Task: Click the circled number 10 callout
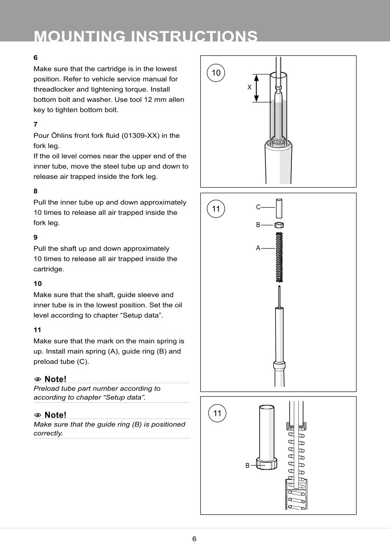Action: (x=216, y=73)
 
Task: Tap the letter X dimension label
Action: (x=249, y=87)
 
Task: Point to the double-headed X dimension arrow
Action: (x=257, y=88)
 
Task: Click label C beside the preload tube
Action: (x=258, y=207)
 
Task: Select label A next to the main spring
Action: (x=258, y=248)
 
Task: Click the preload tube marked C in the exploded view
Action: (x=279, y=209)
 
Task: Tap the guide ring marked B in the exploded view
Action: (x=279, y=225)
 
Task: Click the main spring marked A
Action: (x=279, y=257)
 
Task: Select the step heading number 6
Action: (x=35, y=58)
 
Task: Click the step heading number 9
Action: (x=35, y=237)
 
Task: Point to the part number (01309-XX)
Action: (x=140, y=135)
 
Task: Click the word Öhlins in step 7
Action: (x=62, y=135)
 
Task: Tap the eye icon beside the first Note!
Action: (x=37, y=379)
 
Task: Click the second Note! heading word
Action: (x=55, y=415)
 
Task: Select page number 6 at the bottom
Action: (x=194, y=539)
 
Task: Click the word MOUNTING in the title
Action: (x=79, y=36)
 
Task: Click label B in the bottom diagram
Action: (x=248, y=466)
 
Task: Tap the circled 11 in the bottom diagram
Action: (x=217, y=413)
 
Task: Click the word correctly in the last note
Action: (x=48, y=433)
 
